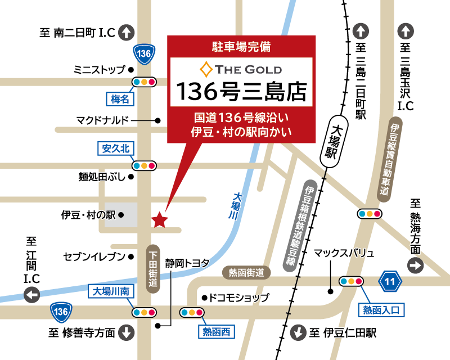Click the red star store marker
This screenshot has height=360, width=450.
(x=160, y=219)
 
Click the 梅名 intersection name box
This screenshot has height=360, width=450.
(x=120, y=99)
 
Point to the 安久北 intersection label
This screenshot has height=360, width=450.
(x=116, y=148)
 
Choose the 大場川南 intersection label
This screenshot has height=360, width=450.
(x=111, y=292)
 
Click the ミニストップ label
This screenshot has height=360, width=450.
(x=99, y=70)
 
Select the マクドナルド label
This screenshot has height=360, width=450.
(x=102, y=120)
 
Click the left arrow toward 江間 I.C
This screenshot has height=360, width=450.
(x=31, y=294)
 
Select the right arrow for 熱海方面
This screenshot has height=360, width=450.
(x=416, y=266)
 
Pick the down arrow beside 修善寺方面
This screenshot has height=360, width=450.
(x=127, y=332)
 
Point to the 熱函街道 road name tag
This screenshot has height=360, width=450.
(x=246, y=273)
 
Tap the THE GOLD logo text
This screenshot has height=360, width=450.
(x=242, y=70)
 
